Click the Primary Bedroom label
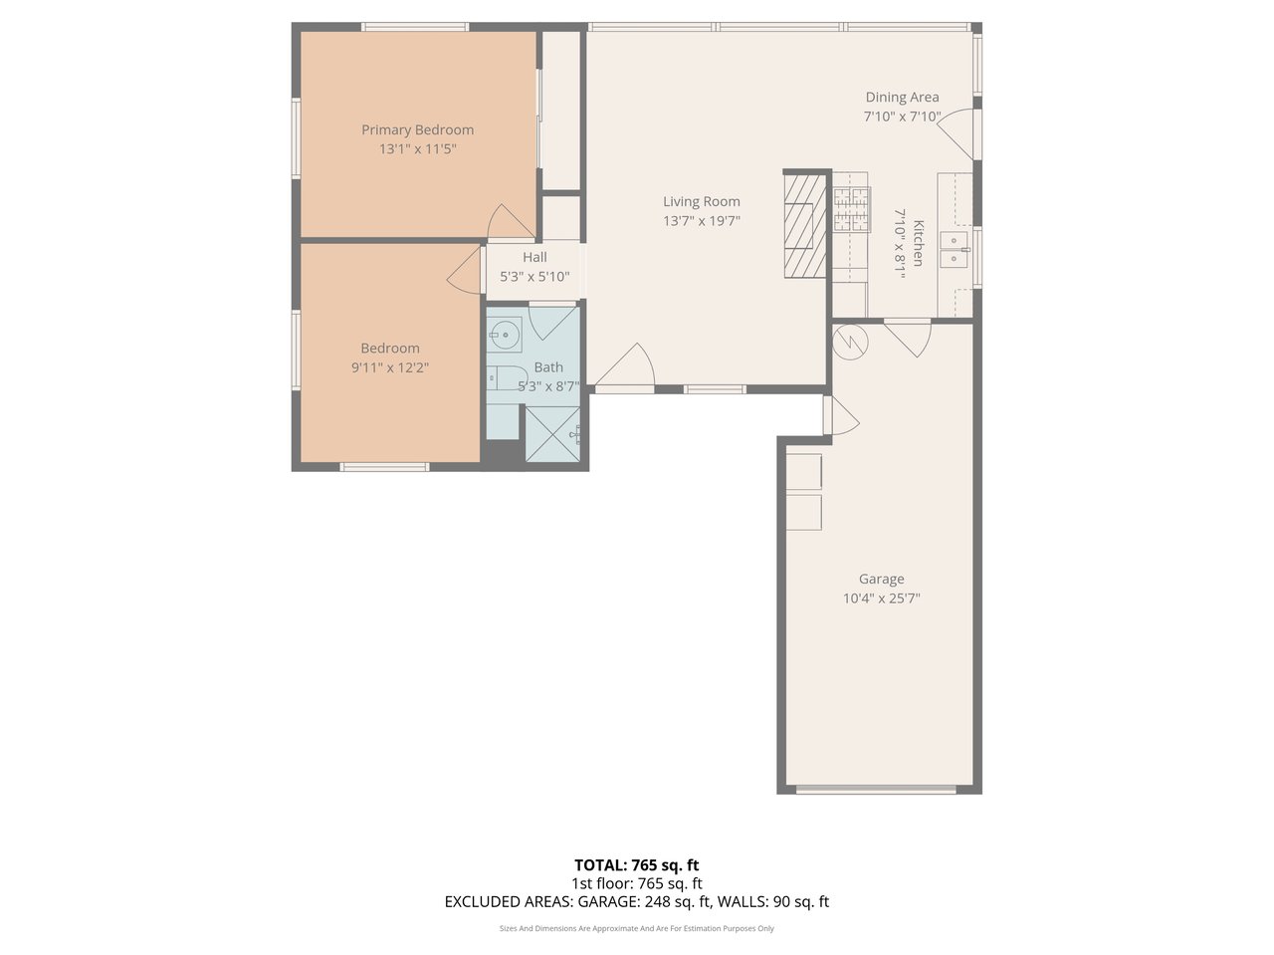pyautogui.click(x=417, y=130)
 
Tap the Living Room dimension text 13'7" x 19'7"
pyautogui.click(x=702, y=221)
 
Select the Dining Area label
pyautogui.click(x=902, y=98)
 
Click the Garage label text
pyautogui.click(x=882, y=579)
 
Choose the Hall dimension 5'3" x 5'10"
pyautogui.click(x=534, y=277)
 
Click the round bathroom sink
pyautogui.click(x=504, y=335)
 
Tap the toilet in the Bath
pyautogui.click(x=504, y=379)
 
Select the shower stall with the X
pyautogui.click(x=552, y=434)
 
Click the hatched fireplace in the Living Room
pyautogui.click(x=805, y=226)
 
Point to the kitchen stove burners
pyautogui.click(x=851, y=208)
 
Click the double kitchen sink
pyautogui.click(x=955, y=249)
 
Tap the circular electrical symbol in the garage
pyautogui.click(x=850, y=343)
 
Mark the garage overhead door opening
pyautogui.click(x=876, y=790)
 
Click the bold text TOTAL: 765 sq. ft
pyautogui.click(x=637, y=865)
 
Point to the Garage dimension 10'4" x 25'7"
pyautogui.click(x=882, y=598)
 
